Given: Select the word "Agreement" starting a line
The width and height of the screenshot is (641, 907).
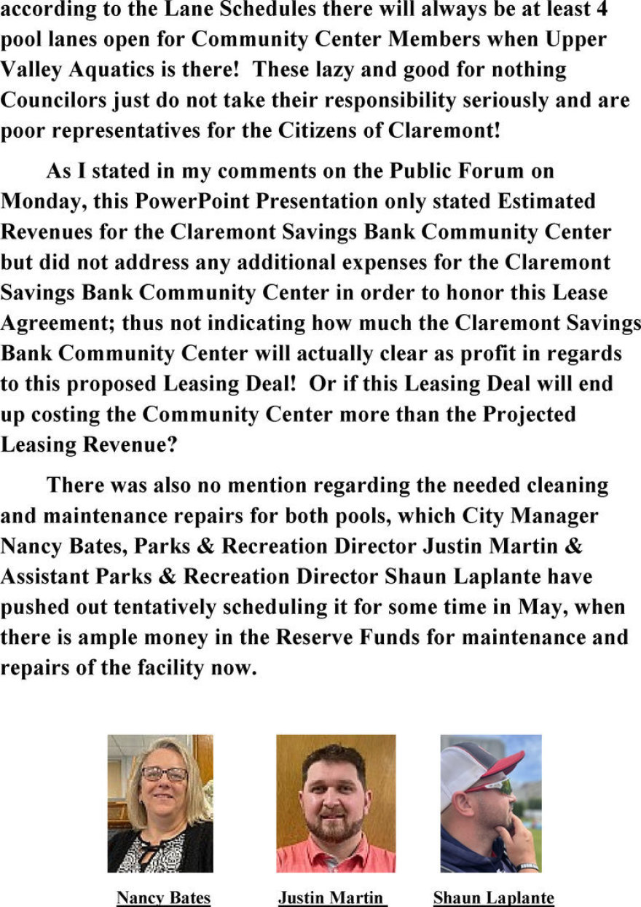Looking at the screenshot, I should click(58, 323).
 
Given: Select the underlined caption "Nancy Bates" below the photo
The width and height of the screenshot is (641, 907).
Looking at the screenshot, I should click(163, 898).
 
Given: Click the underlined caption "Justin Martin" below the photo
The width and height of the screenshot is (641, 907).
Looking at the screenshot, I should click(331, 898).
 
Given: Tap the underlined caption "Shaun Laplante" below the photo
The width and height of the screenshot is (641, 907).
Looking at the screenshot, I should click(493, 898).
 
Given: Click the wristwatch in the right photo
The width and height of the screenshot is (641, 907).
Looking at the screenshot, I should click(527, 866).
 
